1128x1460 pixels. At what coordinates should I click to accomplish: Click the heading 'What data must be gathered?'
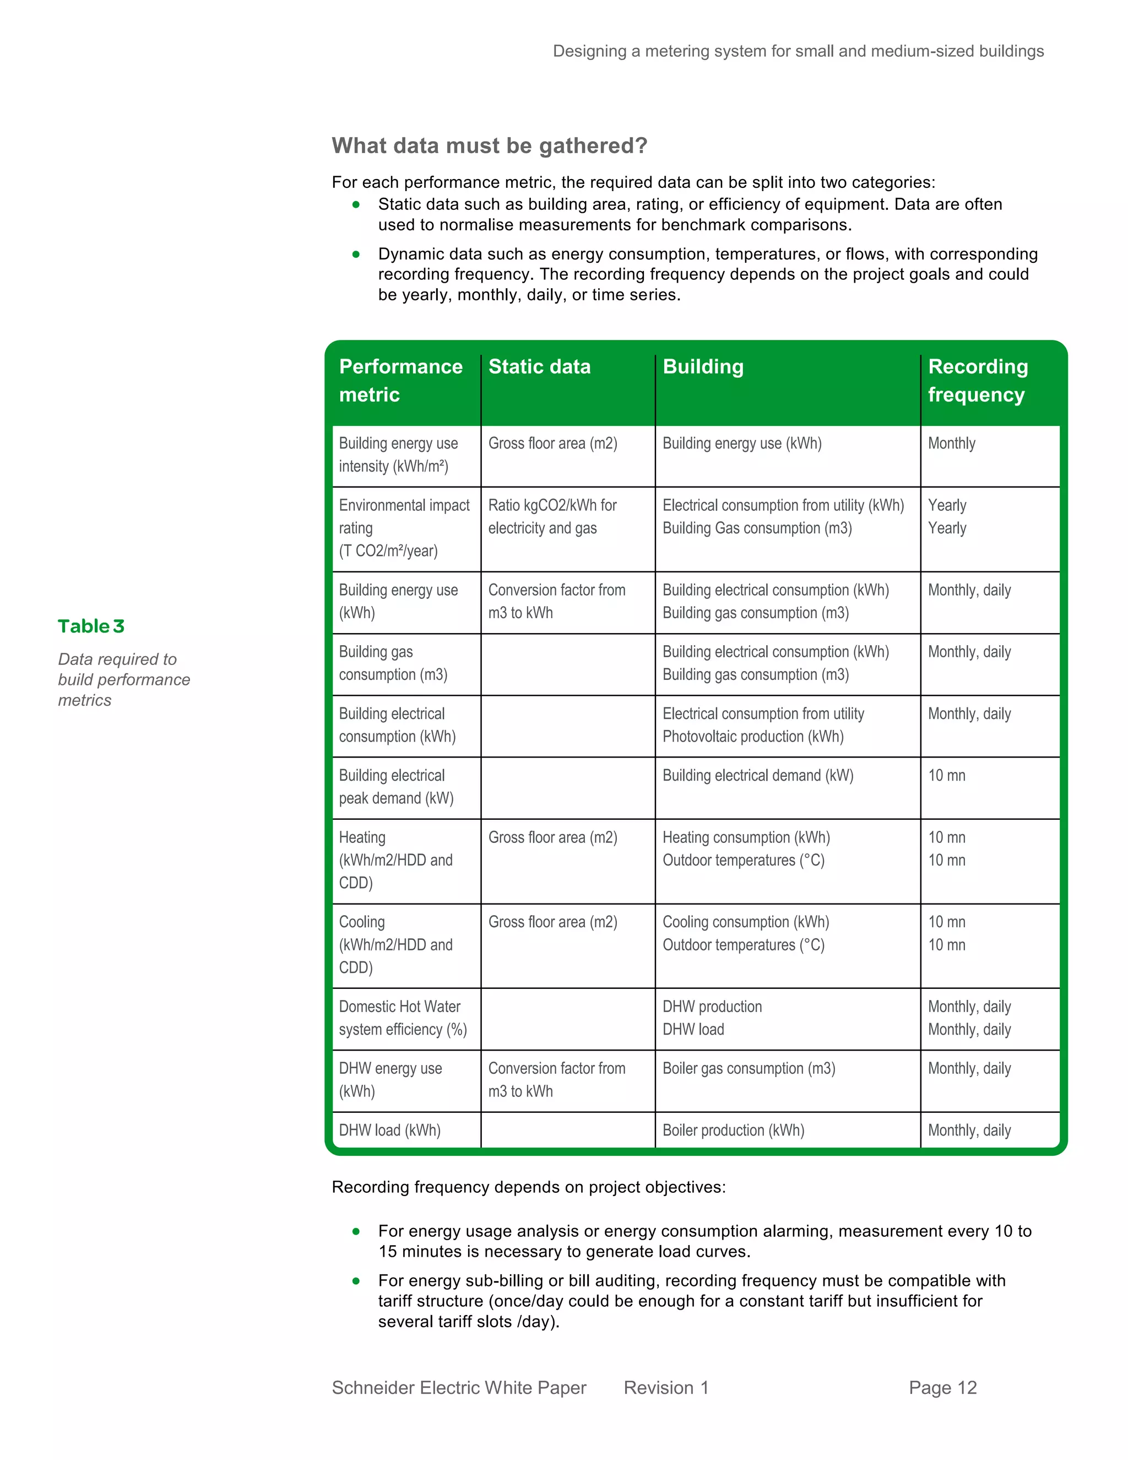pyautogui.click(x=489, y=146)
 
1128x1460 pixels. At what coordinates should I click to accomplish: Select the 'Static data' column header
pyautogui.click(x=539, y=366)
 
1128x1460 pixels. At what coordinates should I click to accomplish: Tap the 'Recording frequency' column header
pyautogui.click(x=977, y=380)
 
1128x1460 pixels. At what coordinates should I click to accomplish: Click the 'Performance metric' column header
pyautogui.click(x=400, y=380)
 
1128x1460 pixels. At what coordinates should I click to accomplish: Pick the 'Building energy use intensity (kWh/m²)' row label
pyautogui.click(x=398, y=455)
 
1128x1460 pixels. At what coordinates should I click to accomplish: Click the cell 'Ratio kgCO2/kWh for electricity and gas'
pyautogui.click(x=552, y=517)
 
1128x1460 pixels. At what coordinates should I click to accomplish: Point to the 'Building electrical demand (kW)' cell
pyautogui.click(x=758, y=776)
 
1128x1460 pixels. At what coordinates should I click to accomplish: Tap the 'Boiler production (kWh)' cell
pyautogui.click(x=733, y=1131)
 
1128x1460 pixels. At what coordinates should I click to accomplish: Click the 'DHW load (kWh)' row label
pyautogui.click(x=389, y=1131)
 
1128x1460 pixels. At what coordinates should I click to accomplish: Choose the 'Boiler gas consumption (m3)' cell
pyautogui.click(x=749, y=1068)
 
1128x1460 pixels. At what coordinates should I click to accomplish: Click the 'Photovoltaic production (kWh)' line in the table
pyautogui.click(x=753, y=737)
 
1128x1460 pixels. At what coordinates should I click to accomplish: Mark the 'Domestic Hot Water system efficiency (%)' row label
pyautogui.click(x=402, y=1018)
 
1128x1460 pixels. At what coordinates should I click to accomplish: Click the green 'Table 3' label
pyautogui.click(x=91, y=626)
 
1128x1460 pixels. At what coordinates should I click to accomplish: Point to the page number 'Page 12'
pyautogui.click(x=942, y=1388)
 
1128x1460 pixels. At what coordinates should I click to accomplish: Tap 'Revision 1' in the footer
pyautogui.click(x=665, y=1388)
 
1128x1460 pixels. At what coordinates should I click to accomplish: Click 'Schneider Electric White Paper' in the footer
pyautogui.click(x=459, y=1388)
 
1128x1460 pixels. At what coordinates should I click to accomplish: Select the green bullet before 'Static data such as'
pyautogui.click(x=356, y=204)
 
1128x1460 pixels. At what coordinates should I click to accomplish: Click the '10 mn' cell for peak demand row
pyautogui.click(x=946, y=776)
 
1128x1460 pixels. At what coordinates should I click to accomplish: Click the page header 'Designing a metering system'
pyautogui.click(x=798, y=51)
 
